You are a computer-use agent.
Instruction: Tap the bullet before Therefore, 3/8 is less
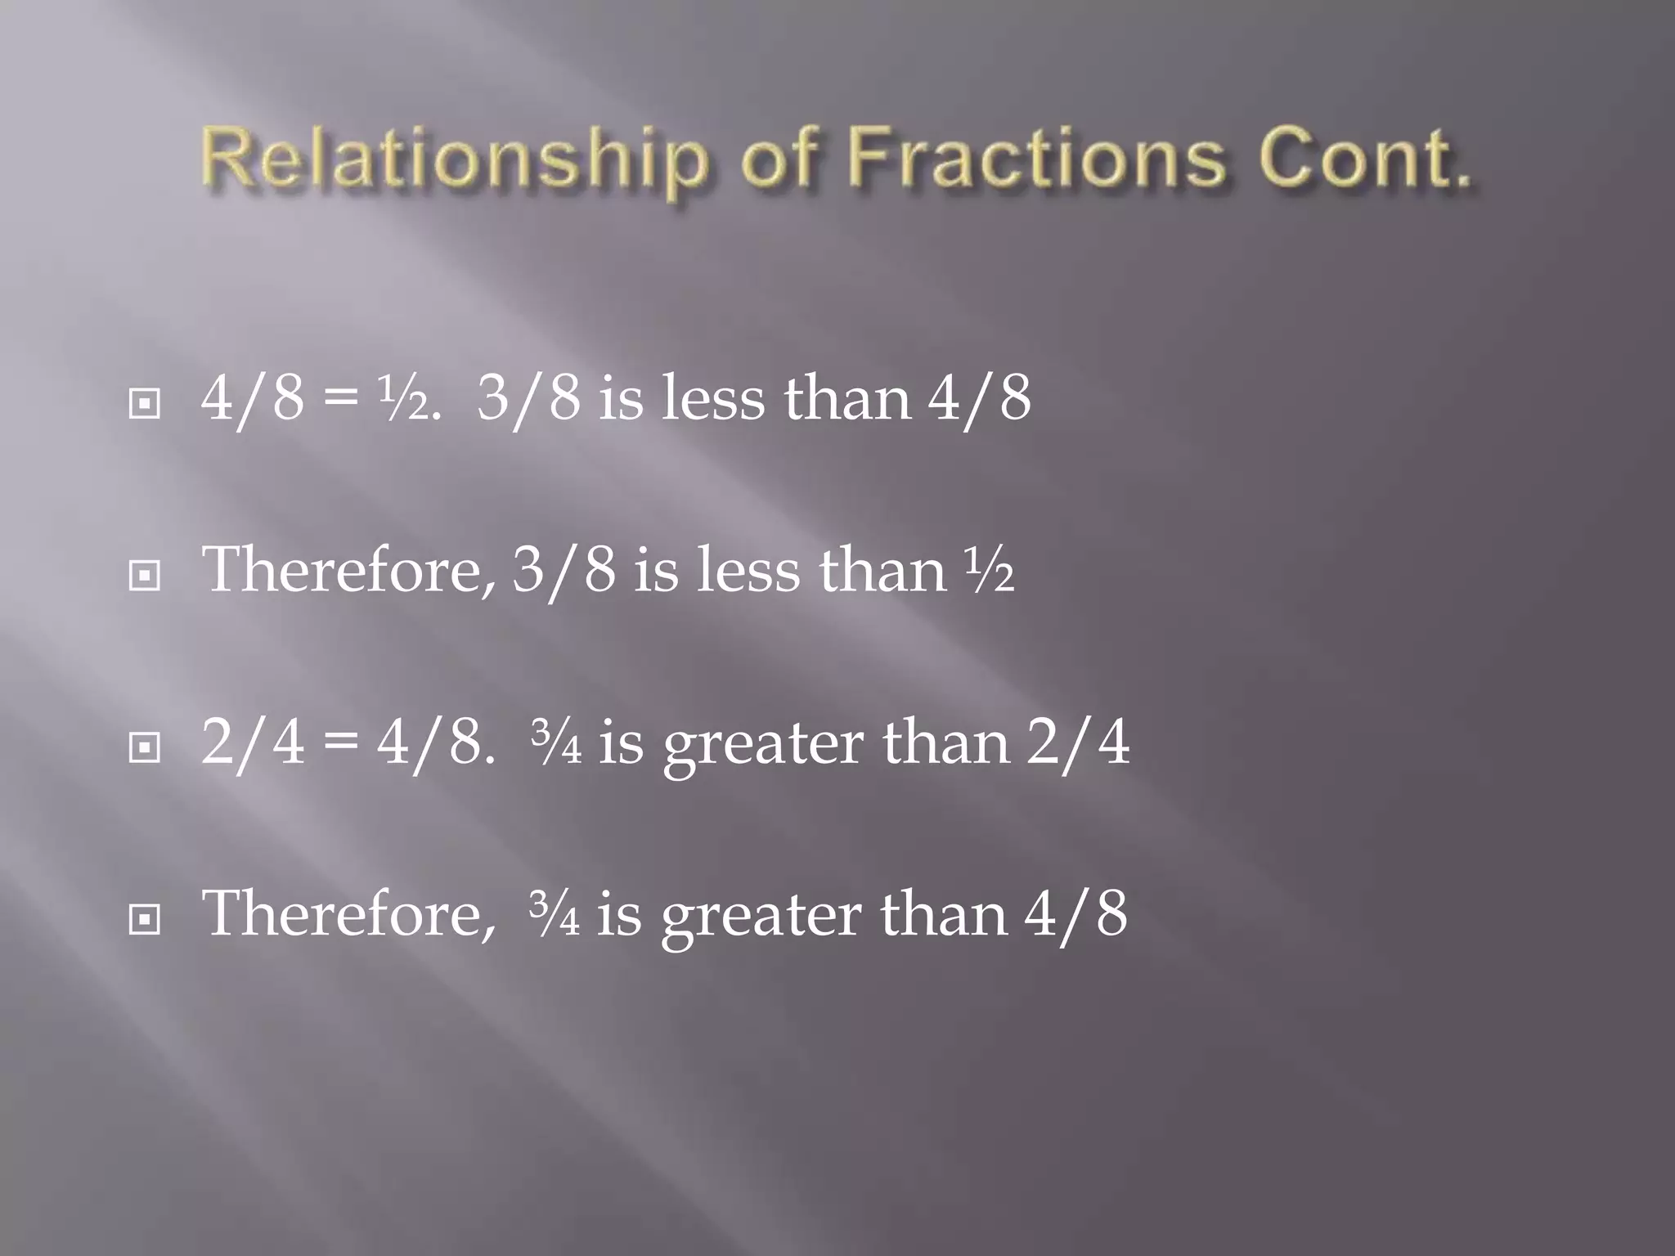(145, 576)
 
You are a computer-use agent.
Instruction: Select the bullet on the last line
(145, 920)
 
